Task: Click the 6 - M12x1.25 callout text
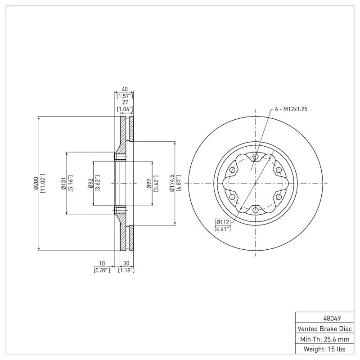(291, 109)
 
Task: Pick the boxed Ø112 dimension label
(223, 222)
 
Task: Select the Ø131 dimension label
(63, 183)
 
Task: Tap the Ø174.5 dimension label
(171, 183)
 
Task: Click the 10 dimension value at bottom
(102, 264)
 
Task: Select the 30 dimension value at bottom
(126, 264)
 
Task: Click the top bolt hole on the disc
(256, 157)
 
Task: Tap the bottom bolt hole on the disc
(256, 210)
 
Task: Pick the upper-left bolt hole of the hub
(232, 170)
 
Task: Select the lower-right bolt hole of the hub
(279, 197)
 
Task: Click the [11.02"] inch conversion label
(42, 183)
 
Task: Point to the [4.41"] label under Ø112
(223, 229)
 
